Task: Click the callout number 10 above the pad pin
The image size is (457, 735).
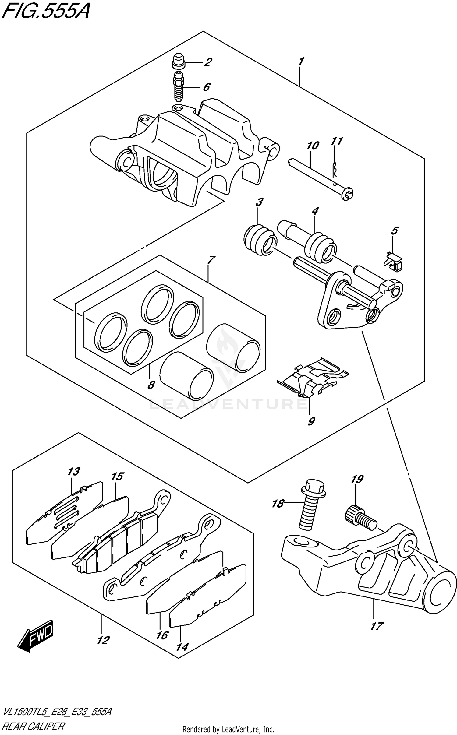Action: [x=313, y=146]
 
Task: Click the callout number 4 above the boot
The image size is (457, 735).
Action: [x=315, y=210]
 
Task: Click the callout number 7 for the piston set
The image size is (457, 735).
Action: [x=211, y=260]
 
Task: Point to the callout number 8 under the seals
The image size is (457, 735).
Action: [x=151, y=385]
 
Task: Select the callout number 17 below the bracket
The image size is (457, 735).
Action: [x=377, y=626]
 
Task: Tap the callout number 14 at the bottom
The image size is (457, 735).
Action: [x=182, y=647]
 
